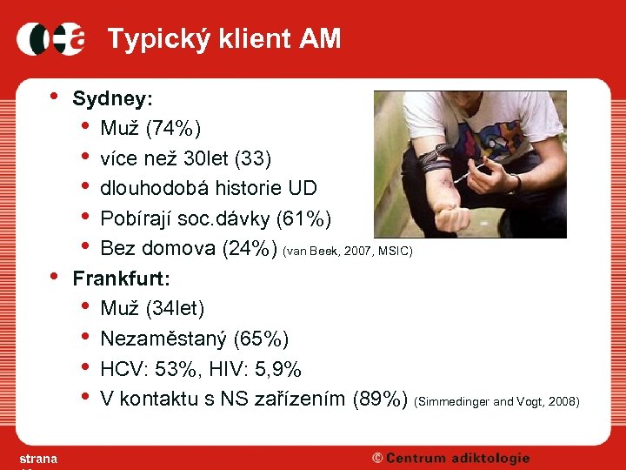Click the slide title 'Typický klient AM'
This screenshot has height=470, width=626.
tap(223, 38)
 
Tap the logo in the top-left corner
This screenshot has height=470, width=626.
tap(51, 39)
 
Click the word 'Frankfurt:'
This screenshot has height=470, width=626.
tap(121, 279)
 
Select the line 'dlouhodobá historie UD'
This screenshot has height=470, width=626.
tap(209, 189)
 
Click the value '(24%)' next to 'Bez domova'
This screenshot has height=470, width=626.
tap(249, 249)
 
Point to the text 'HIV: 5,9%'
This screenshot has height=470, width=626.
tap(257, 369)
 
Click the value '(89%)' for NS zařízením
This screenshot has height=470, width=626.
tap(379, 399)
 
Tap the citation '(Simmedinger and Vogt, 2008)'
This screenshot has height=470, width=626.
tap(497, 401)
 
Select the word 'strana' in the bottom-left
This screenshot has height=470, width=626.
tap(38, 459)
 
